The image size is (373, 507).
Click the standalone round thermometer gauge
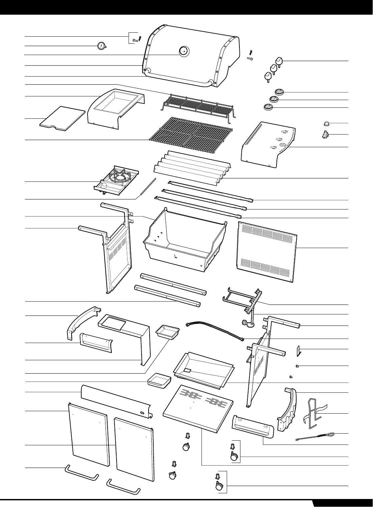tap(101, 46)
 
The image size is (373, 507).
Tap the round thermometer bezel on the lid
tap(183, 51)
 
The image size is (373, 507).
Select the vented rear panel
tap(267, 252)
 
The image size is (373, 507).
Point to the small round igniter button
tap(326, 124)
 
